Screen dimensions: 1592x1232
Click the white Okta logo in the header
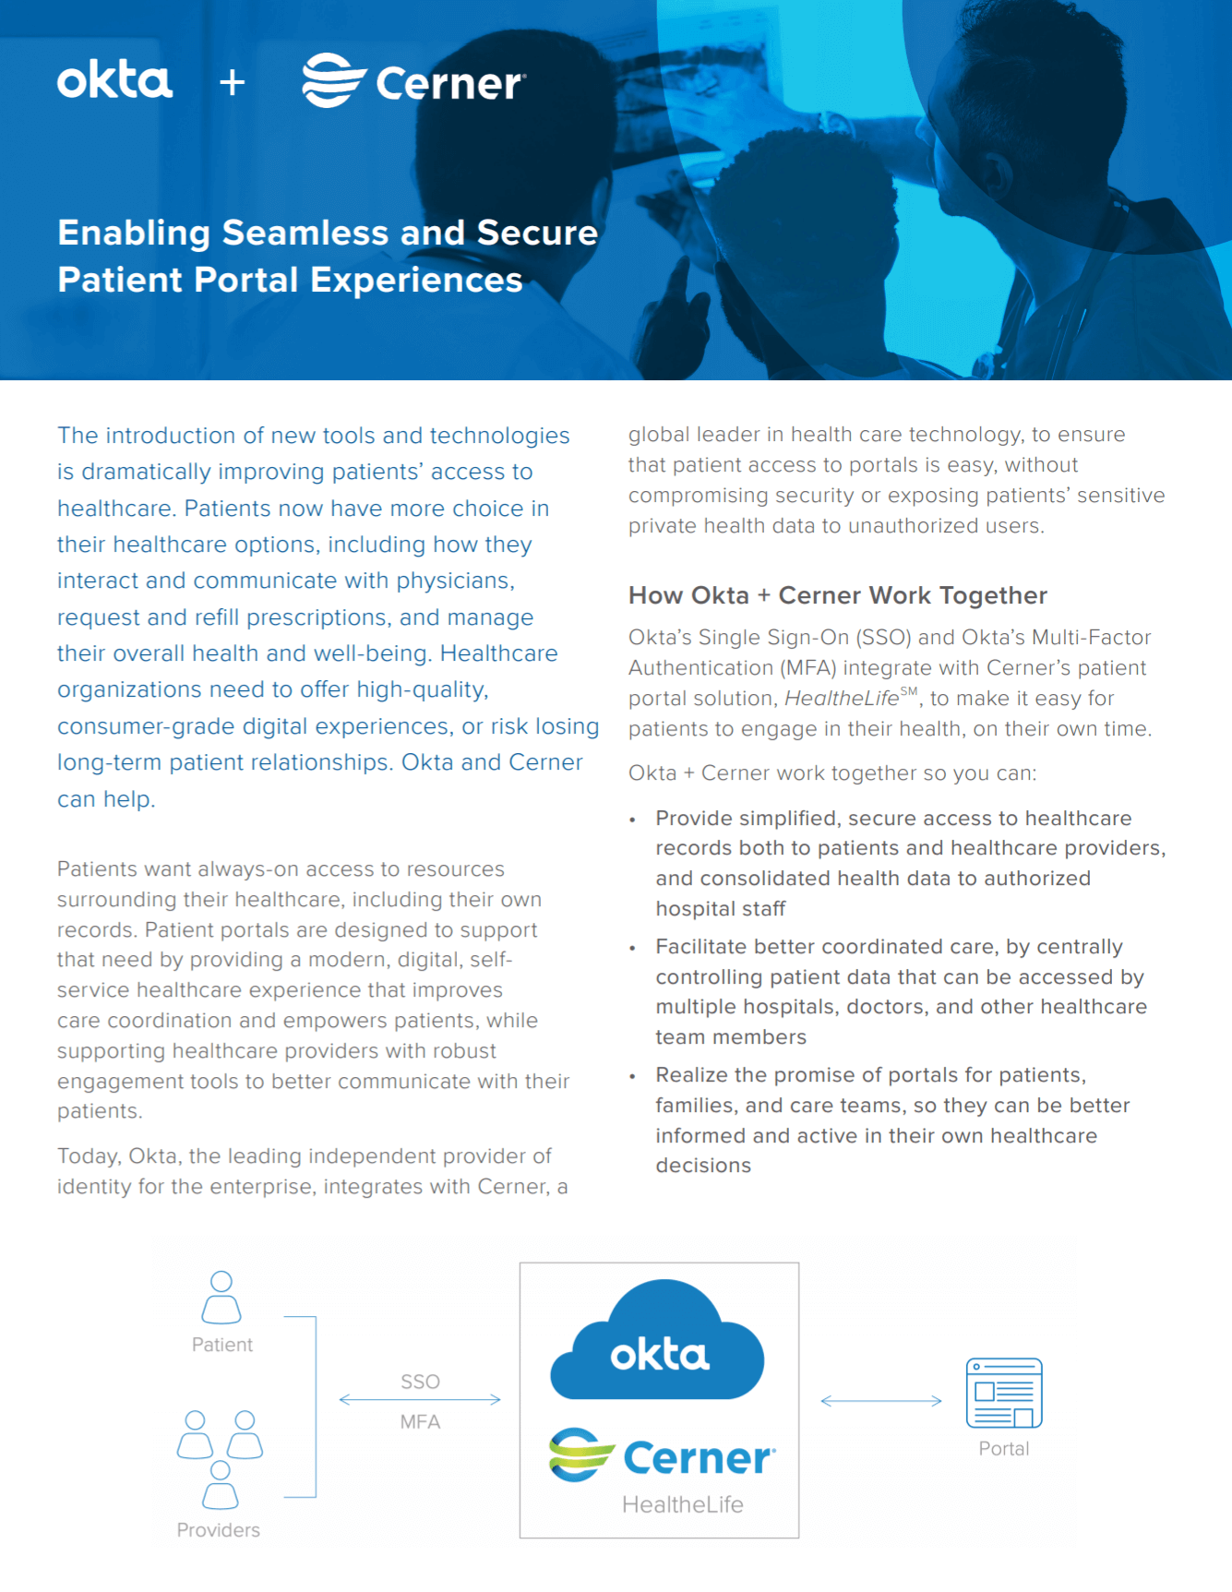[x=114, y=81]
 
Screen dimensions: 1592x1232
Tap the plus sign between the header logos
[x=233, y=83]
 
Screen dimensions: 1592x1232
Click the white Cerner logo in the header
[x=413, y=82]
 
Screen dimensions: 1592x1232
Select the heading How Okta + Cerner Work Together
[x=837, y=595]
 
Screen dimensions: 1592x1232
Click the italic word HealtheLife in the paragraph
[x=841, y=699]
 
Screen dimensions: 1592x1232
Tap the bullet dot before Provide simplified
[x=633, y=820]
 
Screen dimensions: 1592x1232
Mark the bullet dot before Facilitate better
[x=633, y=948]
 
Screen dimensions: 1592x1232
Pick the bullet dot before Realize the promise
[x=633, y=1076]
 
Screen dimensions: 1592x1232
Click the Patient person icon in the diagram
[x=221, y=1297]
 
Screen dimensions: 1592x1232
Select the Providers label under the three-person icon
[x=219, y=1530]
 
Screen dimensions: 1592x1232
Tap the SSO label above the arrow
[x=420, y=1382]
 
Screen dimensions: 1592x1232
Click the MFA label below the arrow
[x=420, y=1422]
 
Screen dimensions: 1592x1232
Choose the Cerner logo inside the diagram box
[x=662, y=1456]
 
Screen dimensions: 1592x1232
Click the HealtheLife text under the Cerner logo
[x=682, y=1505]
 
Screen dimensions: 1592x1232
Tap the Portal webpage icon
[x=1004, y=1393]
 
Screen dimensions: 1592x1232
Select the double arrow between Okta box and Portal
[x=881, y=1401]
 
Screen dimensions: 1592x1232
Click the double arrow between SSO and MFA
[x=420, y=1400]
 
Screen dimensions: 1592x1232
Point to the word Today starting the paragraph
[x=88, y=1156]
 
